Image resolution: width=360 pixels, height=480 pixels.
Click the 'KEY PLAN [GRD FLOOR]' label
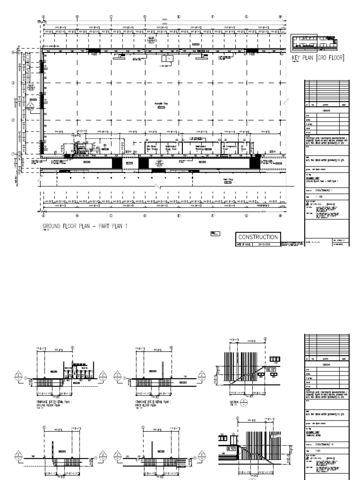[318, 58]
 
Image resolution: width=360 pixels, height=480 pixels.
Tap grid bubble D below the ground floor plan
[145, 216]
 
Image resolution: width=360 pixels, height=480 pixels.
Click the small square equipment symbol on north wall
[165, 59]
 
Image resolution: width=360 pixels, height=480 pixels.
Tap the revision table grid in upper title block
[327, 91]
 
